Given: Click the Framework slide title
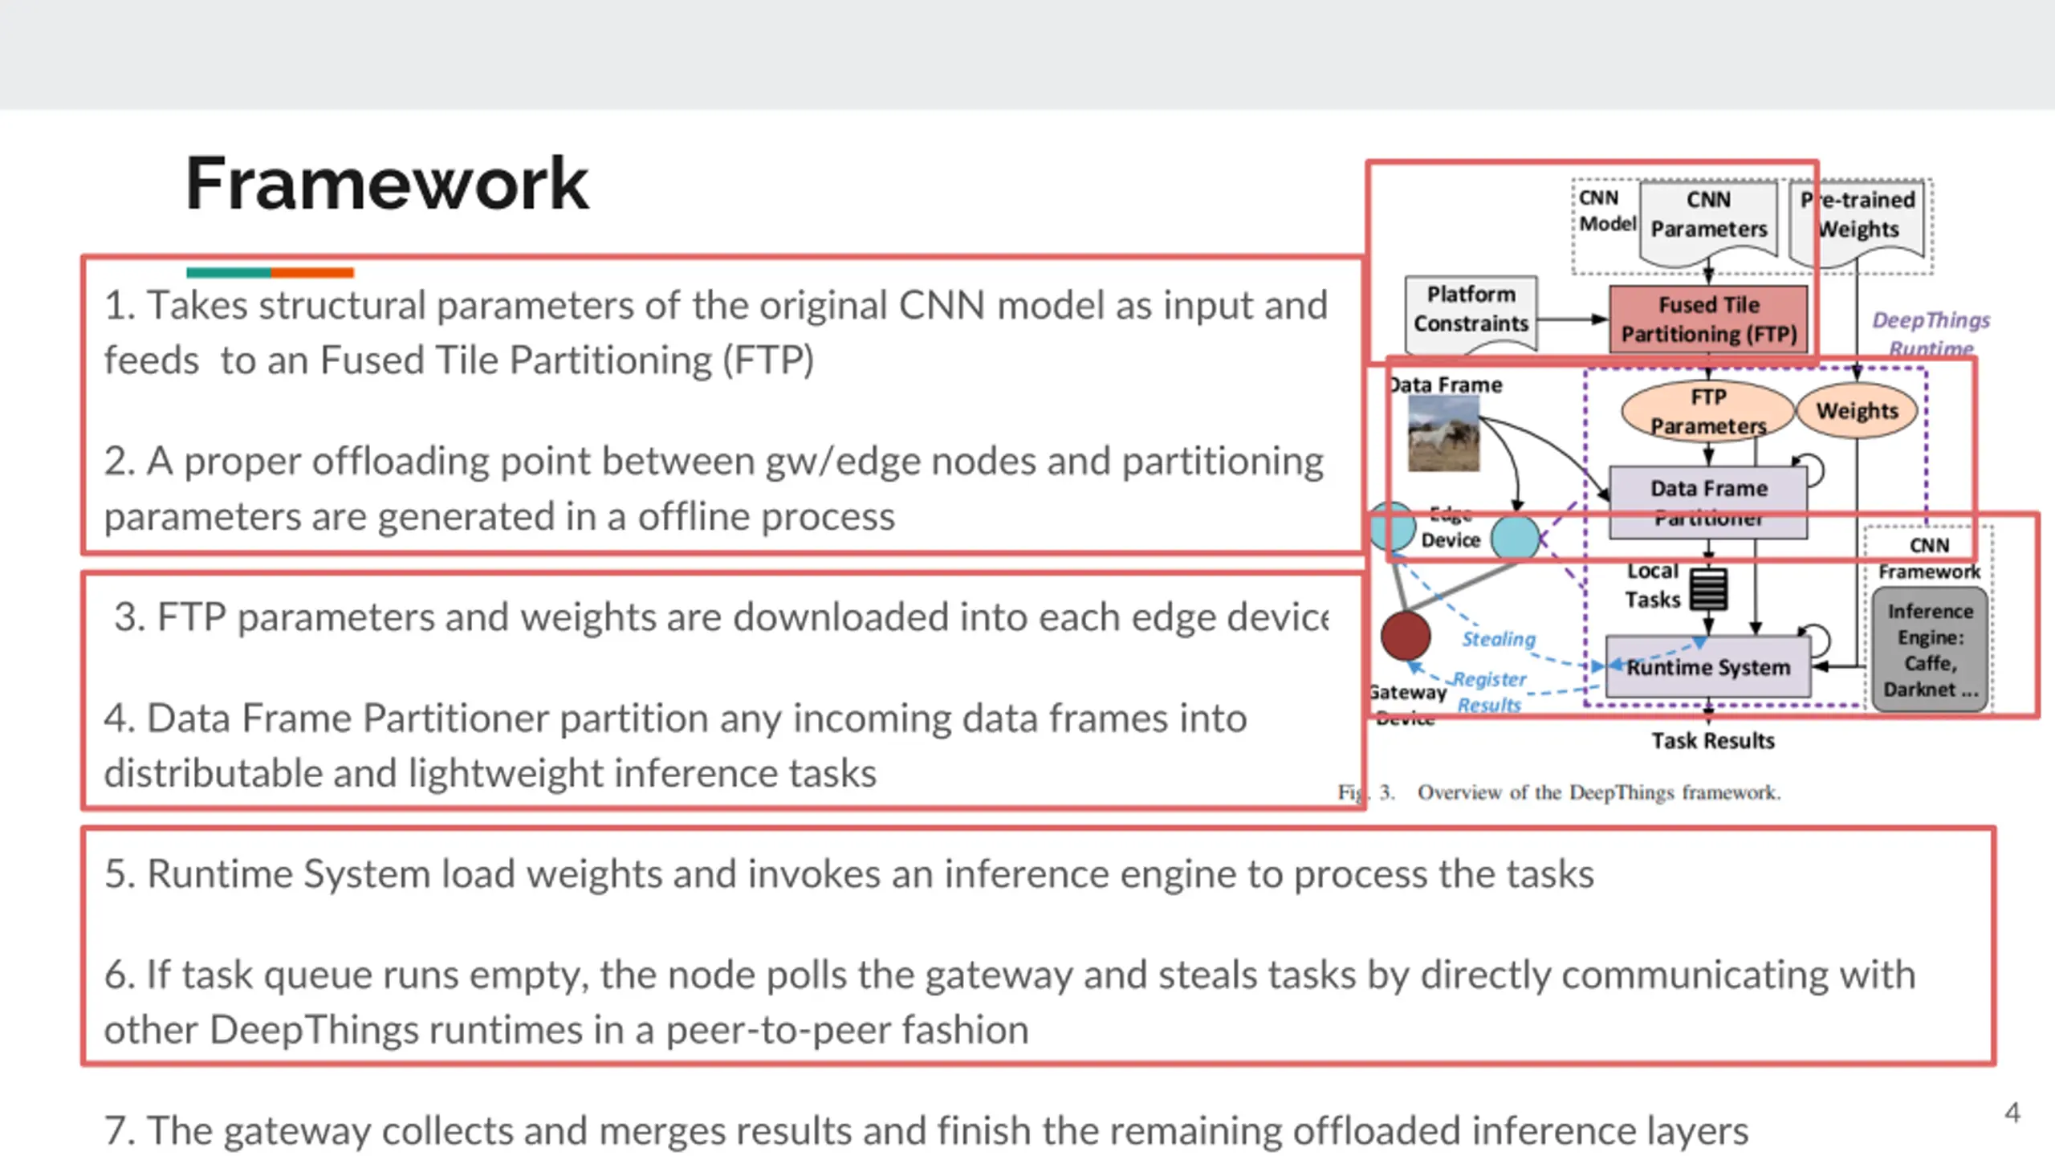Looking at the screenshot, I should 387,184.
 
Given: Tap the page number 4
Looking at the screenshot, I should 2012,1113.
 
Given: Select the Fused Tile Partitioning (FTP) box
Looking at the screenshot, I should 1708,320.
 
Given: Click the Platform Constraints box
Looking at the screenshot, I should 1471,310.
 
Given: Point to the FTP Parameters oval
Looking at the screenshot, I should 1707,411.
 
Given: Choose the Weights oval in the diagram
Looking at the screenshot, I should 1857,411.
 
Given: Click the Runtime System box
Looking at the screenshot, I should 1708,667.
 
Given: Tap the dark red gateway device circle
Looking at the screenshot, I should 1405,636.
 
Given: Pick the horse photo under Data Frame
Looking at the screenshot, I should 1443,435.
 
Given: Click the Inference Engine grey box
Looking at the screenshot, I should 1930,649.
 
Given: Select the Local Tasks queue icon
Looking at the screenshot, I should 1708,589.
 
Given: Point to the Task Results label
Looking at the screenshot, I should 1712,740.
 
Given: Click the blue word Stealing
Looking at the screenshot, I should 1498,639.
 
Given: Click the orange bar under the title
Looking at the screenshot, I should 312,273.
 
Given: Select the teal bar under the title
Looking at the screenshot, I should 228,273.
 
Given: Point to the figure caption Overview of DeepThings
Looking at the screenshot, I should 1597,793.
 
